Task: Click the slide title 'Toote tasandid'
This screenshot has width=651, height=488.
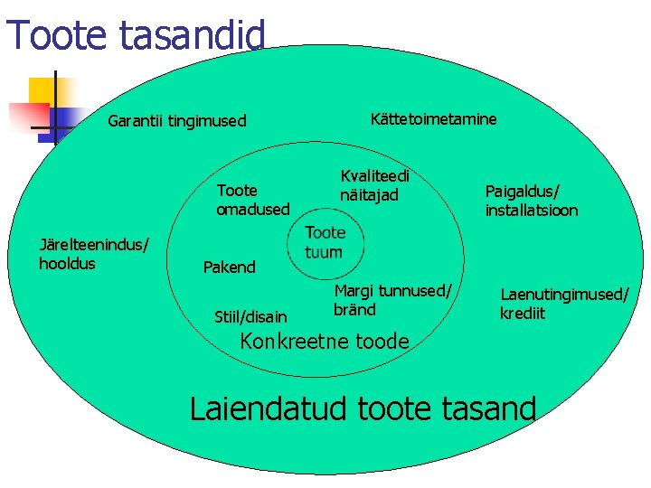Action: click(x=136, y=34)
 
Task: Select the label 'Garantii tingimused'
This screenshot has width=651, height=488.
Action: click(x=176, y=121)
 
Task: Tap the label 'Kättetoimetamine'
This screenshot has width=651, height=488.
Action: click(x=433, y=119)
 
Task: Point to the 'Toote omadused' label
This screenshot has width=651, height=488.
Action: click(x=252, y=200)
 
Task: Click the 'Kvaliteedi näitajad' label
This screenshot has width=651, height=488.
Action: click(x=374, y=186)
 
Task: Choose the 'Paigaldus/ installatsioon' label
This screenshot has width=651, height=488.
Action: click(x=531, y=201)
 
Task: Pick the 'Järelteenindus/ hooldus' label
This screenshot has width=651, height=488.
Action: click(x=93, y=254)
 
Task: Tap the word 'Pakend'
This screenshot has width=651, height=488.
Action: click(x=229, y=267)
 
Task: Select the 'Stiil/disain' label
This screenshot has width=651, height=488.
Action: click(x=250, y=316)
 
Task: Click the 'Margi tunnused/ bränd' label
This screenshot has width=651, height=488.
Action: click(x=392, y=300)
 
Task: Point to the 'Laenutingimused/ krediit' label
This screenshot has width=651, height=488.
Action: click(x=563, y=304)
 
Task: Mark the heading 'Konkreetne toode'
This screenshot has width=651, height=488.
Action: click(x=324, y=342)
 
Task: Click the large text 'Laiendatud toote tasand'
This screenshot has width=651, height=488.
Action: click(x=363, y=408)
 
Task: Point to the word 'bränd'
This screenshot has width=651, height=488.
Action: click(x=354, y=310)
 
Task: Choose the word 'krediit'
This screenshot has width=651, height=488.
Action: click(x=522, y=314)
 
